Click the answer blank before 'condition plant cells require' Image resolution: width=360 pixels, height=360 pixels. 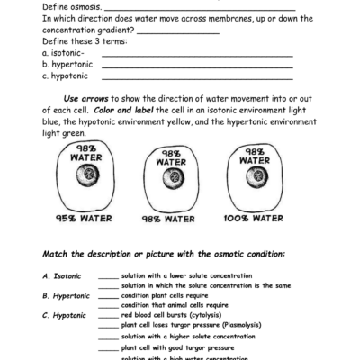point(108,296)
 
